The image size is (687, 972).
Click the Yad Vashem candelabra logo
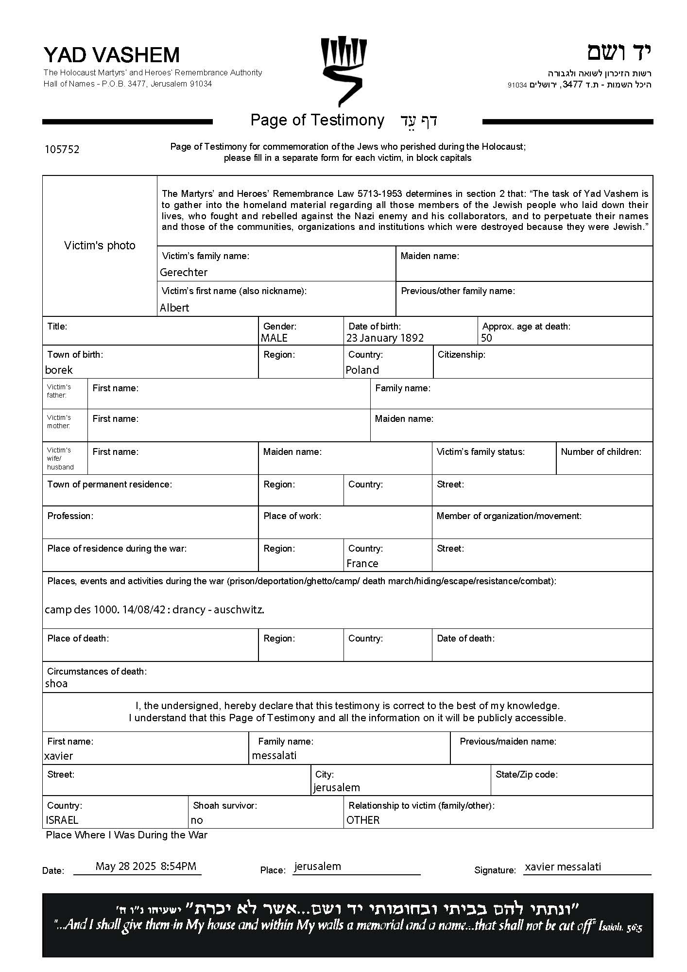click(x=343, y=70)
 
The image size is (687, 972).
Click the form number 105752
click(x=62, y=149)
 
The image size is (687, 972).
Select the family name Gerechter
click(x=184, y=272)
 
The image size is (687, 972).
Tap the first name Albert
click(x=174, y=308)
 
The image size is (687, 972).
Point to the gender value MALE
click(x=274, y=338)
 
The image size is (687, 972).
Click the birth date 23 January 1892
click(x=385, y=338)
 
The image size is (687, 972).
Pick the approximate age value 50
click(x=486, y=338)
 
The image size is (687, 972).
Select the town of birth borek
click(x=59, y=370)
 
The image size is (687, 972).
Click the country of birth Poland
click(x=362, y=370)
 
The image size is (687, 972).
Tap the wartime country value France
click(x=362, y=563)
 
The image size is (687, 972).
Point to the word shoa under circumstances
click(x=56, y=683)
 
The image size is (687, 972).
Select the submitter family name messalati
click(x=274, y=755)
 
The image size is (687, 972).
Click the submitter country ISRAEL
click(x=62, y=820)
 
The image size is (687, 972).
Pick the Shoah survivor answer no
click(x=197, y=820)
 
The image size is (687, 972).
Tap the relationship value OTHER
click(x=363, y=820)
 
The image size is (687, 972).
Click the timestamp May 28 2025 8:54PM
click(x=146, y=866)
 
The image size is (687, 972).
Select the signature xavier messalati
click(x=563, y=867)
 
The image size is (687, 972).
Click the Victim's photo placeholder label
click(x=100, y=245)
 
